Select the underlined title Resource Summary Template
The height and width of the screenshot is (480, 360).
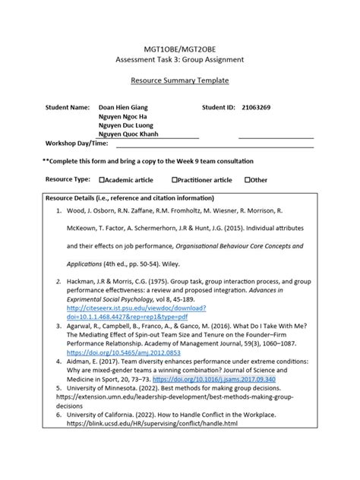tap(180, 80)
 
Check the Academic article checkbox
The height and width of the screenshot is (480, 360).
tap(103, 180)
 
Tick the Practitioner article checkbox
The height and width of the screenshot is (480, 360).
tap(175, 180)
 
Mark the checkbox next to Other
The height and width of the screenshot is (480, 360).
tap(248, 180)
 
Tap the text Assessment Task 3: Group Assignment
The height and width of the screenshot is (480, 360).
tap(180, 59)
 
